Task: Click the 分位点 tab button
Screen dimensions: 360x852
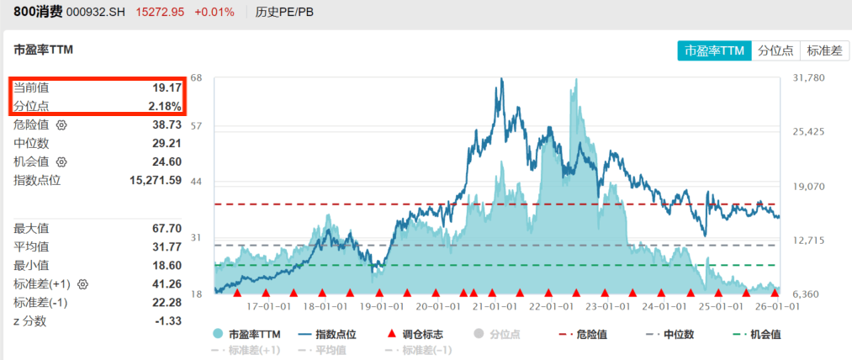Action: (775, 50)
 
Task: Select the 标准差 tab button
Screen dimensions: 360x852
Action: (824, 50)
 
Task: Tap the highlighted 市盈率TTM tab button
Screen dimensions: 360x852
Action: (714, 50)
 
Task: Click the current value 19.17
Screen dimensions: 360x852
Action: (167, 87)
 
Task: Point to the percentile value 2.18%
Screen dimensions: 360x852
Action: (164, 106)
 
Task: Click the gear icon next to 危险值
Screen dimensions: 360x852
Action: (61, 124)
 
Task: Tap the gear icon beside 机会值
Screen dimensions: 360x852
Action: (61, 161)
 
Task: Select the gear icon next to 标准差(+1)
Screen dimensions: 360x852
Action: (82, 283)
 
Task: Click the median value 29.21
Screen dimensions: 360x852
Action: (167, 143)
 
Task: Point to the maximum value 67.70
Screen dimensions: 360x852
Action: (167, 228)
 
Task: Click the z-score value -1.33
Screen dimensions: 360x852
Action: (168, 320)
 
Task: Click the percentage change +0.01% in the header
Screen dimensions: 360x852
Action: (214, 13)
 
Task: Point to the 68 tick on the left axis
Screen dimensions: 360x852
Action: (197, 78)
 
